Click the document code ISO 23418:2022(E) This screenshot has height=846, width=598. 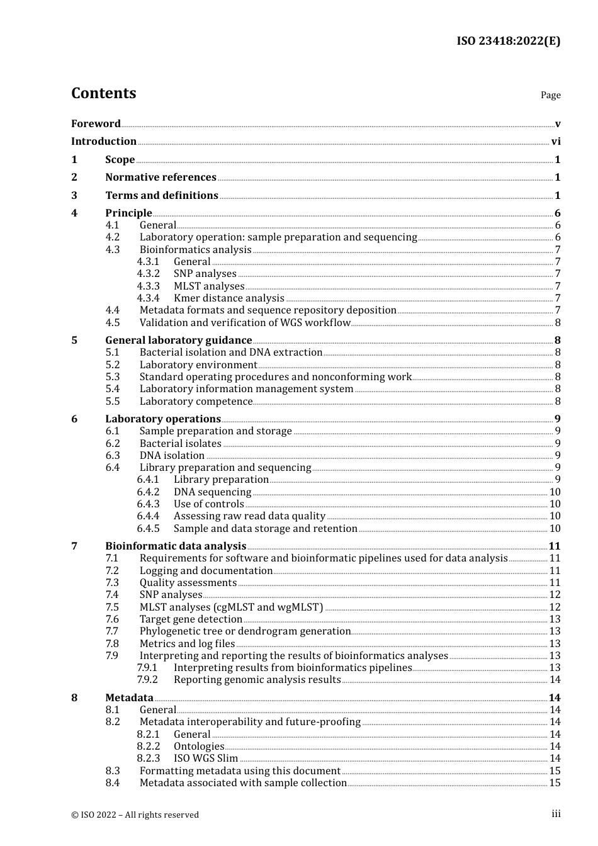(x=508, y=41)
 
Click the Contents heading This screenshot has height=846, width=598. (x=103, y=93)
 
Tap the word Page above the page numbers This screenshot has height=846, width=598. (x=550, y=95)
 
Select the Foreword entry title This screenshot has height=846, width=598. (x=96, y=123)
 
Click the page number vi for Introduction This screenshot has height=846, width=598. (x=556, y=142)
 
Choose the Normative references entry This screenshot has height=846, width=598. (x=161, y=178)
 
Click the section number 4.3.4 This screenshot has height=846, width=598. (x=148, y=298)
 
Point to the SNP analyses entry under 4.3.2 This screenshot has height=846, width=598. (x=205, y=274)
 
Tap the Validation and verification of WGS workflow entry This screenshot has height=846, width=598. (x=245, y=323)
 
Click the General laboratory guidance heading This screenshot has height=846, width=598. (x=179, y=341)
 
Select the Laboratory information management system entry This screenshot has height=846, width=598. (x=246, y=389)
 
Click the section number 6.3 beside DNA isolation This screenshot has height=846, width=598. (x=113, y=456)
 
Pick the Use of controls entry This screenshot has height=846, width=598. (x=208, y=504)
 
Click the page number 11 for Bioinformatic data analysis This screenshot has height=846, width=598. (x=555, y=546)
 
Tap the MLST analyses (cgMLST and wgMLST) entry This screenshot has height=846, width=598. (x=231, y=607)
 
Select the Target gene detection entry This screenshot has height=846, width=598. (x=191, y=619)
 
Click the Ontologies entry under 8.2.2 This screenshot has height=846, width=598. (x=199, y=747)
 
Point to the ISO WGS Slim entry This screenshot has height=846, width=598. (x=206, y=759)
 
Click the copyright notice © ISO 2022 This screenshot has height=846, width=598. (x=135, y=815)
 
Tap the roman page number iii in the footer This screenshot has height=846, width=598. (x=556, y=814)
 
